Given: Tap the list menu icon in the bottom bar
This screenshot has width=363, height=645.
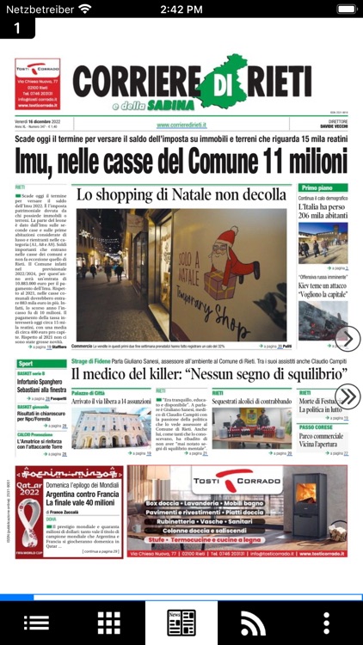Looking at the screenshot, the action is [x=36, y=623].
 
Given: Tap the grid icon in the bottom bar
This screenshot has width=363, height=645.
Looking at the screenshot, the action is [x=108, y=623].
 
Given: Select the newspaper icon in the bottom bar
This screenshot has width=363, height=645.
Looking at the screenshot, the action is [x=181, y=623].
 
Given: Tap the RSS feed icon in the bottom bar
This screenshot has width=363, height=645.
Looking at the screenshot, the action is [x=253, y=623].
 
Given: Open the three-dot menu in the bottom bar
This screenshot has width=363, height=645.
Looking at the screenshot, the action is [x=326, y=623].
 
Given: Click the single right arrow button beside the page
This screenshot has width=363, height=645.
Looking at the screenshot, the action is [x=347, y=339].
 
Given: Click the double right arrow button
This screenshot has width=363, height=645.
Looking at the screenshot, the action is [x=347, y=396].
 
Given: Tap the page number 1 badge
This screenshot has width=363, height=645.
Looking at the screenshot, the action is [x=17, y=28].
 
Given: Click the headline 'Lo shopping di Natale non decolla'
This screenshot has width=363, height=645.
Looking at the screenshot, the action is [x=181, y=195].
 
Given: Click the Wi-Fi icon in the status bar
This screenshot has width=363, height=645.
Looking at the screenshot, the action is [x=83, y=9].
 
